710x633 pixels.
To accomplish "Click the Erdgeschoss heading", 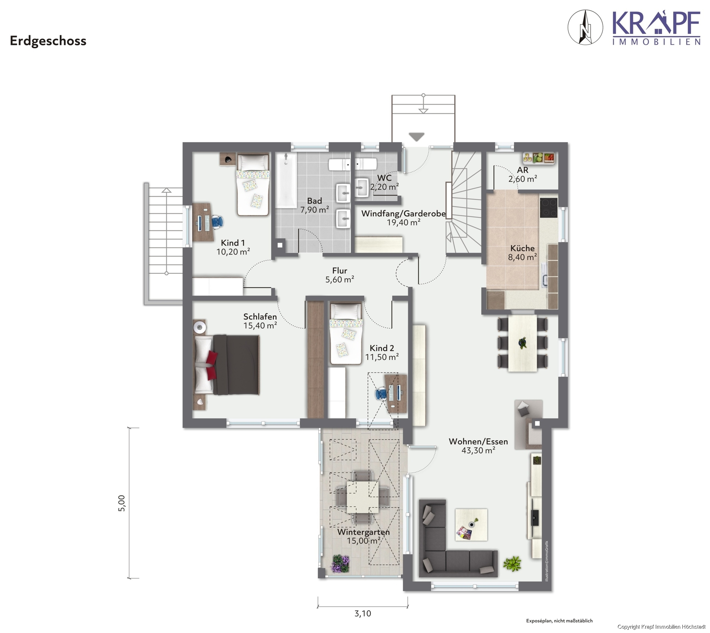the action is point(48,41).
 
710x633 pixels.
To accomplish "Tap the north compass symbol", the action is point(585,27).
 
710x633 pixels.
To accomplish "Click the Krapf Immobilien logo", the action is point(656,28).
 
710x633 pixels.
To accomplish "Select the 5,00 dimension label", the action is point(121,503).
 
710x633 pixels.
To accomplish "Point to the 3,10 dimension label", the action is point(363,613).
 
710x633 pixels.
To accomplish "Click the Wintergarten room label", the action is point(363,532).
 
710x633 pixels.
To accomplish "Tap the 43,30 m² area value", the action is point(478,450).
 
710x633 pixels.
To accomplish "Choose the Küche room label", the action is point(522,248).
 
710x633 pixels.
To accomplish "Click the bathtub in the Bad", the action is point(286,180).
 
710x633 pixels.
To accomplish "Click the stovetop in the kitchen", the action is point(548,207).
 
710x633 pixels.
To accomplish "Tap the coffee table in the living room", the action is point(471,524).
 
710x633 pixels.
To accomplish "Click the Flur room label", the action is point(340,271).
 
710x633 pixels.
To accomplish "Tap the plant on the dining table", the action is point(522,343).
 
